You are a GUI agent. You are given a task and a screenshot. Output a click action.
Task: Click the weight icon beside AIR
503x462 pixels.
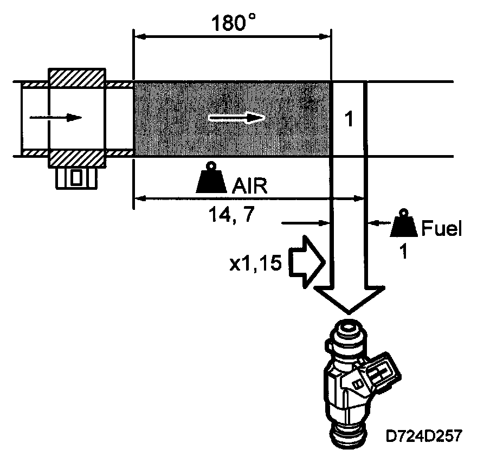point(212,179)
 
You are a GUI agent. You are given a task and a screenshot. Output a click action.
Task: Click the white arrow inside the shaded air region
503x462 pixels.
point(237,117)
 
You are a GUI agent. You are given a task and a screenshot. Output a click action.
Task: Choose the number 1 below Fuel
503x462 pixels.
point(402,252)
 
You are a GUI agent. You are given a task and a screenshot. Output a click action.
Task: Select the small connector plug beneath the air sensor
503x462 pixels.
point(76,177)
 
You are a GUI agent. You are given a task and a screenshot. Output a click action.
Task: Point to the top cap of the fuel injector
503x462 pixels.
point(347,331)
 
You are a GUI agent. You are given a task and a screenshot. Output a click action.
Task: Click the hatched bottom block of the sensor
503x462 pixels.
point(77,158)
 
